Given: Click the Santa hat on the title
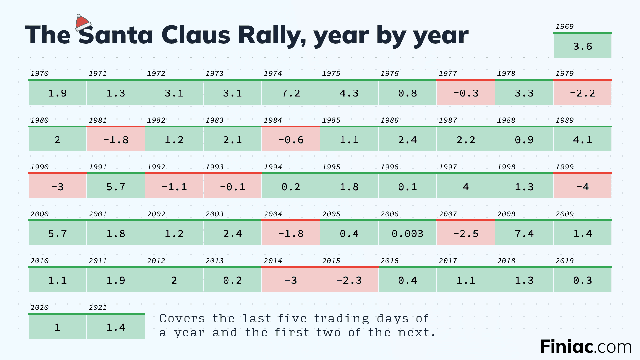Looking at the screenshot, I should point(83,23).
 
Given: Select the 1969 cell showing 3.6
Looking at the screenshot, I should point(582,46).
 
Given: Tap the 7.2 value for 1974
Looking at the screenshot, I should point(291,93).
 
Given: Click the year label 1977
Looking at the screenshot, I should point(448,73).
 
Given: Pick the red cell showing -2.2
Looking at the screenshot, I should point(582,93).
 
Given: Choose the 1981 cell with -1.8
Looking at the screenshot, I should point(116,140).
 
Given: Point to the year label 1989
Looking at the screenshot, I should point(564,120).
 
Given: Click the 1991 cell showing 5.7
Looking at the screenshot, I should point(116,187).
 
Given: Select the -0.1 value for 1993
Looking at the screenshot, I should point(232,187).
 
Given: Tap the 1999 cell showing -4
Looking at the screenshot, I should point(582,187).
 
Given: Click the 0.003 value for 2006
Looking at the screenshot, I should point(407,233).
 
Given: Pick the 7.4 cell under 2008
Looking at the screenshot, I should point(524,233).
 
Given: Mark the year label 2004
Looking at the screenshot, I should point(273,214).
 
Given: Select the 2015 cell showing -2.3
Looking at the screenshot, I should point(349,280).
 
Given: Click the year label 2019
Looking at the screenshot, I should point(564,261).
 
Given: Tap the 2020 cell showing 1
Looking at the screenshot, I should point(57,327).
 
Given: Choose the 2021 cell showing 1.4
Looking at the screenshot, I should point(116,327).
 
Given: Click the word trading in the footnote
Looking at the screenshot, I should point(341,319).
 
